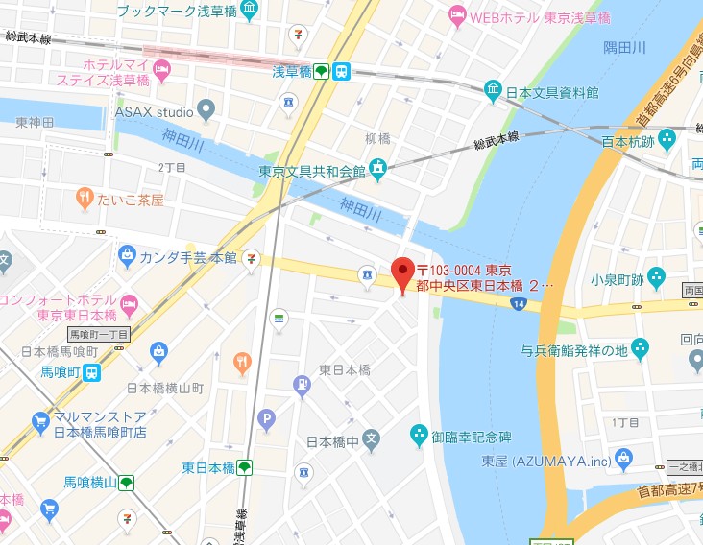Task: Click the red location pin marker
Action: pos(403,275)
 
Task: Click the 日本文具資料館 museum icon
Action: pos(493,90)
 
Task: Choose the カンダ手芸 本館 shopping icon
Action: pos(127,256)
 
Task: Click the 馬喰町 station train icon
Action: pos(90,372)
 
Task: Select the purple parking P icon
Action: pos(266,417)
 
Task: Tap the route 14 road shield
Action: pos(519,304)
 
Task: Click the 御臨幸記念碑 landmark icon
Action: pos(419,436)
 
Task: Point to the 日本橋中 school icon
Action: pos(372,440)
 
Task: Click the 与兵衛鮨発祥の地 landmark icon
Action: pos(641,349)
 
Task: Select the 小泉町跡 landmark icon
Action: pos(656,278)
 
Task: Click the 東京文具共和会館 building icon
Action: pos(378,169)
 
